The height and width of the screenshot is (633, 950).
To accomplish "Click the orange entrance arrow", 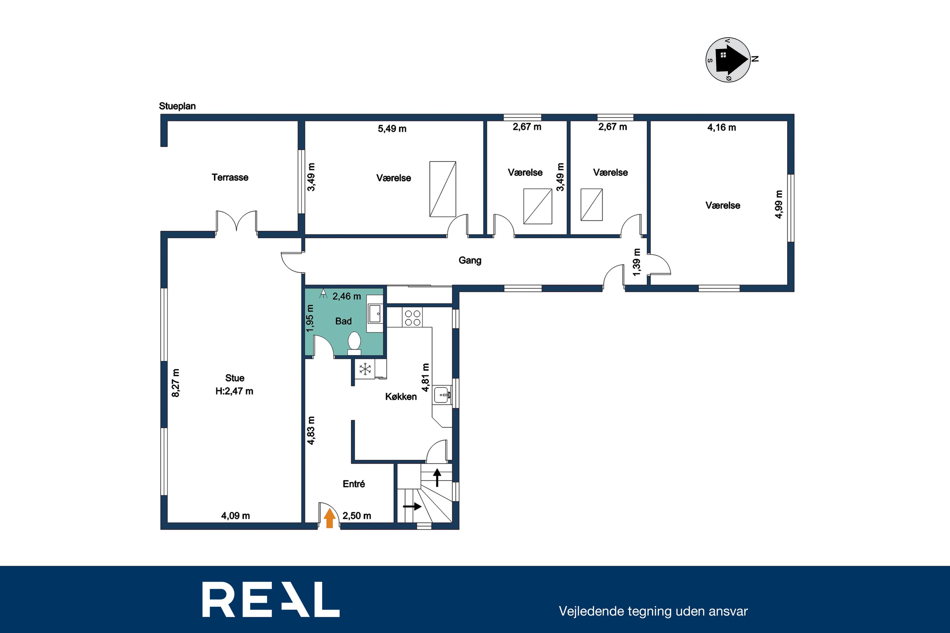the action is pos(330,518).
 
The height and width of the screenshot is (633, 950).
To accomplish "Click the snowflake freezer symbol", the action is pos(365,369).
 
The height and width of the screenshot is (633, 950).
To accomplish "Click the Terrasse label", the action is pos(230,177).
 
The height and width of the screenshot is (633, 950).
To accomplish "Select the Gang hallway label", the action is pos(470,260).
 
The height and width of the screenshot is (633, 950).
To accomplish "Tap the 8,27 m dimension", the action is pos(176,383).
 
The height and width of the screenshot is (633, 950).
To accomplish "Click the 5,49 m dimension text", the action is pos(392,129).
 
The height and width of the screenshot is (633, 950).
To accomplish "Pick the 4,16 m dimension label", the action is pos(722,127).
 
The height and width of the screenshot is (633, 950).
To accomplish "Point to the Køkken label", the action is pos(401,397).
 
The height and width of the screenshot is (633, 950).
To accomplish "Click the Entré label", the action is pos(354,484).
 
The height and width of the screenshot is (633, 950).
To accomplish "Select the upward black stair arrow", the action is pos(437,477).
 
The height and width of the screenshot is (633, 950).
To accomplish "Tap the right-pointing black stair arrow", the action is pos(412,506).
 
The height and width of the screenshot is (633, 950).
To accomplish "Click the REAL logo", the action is pos(271,599).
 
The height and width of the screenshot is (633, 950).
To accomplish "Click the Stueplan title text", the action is pos(177,106).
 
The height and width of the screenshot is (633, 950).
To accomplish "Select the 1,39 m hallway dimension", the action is pos(637,262).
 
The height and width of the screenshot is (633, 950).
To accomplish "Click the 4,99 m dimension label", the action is pos(779,204).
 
